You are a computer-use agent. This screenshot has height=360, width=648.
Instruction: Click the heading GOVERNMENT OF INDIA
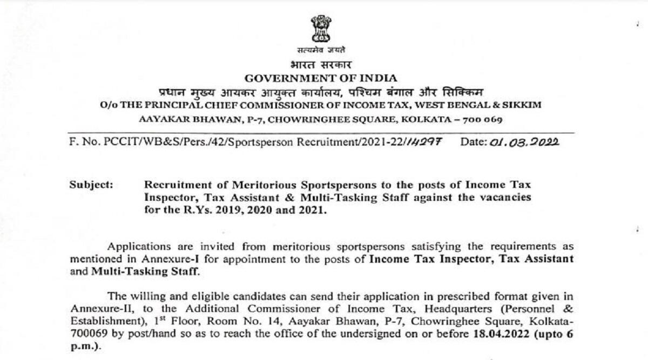[x=321, y=78]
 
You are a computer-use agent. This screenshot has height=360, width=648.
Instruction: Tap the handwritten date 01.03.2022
[x=524, y=142]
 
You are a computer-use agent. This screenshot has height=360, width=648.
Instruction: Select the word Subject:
[x=91, y=185]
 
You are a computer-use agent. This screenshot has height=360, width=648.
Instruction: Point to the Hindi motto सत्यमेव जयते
[x=323, y=51]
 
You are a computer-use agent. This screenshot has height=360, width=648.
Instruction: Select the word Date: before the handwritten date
[x=473, y=142]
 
